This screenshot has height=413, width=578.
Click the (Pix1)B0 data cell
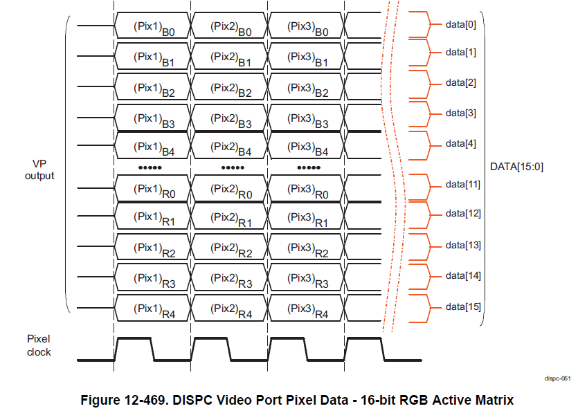(152, 26)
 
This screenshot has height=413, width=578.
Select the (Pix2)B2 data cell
(229, 86)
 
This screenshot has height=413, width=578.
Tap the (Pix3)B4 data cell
(306, 145)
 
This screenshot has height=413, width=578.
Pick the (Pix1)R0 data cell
(152, 188)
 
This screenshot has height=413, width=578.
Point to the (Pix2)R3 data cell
(229, 277)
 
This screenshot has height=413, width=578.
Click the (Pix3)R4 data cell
(306, 308)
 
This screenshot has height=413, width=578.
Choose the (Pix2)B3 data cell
(229, 118)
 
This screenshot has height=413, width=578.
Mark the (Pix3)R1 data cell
(306, 216)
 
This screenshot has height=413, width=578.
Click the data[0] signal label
(461, 25)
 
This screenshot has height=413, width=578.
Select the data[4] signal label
(461, 143)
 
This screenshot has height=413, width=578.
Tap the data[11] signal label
(463, 184)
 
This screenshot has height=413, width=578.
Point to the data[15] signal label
(463, 306)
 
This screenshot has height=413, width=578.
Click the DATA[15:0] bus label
(516, 167)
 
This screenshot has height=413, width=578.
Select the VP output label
(39, 170)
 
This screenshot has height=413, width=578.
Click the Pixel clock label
(39, 346)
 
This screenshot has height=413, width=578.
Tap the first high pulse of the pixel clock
(134, 338)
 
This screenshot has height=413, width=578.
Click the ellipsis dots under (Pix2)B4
(233, 167)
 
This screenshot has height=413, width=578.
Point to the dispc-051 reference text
(557, 378)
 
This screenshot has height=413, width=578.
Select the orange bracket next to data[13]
(424, 246)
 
